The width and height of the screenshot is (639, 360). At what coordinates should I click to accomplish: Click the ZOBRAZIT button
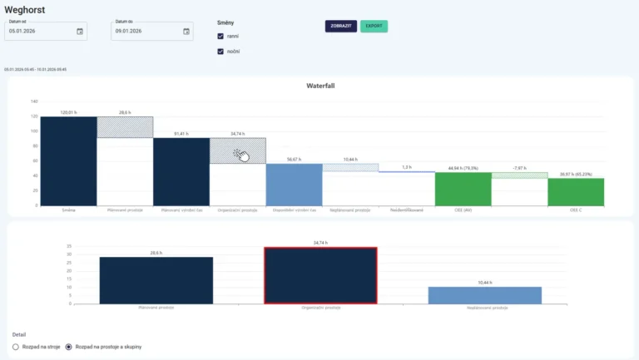pos(340,26)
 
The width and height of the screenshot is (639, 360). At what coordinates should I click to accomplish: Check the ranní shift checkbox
pos(220,37)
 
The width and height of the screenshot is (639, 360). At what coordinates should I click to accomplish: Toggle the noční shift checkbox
pos(220,52)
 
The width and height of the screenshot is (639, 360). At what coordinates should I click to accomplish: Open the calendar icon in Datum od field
pos(80,32)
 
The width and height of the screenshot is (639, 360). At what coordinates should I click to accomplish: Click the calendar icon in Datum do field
pos(187,32)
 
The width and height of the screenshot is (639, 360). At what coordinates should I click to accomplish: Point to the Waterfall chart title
pos(320,86)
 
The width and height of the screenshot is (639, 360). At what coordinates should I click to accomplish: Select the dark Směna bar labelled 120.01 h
pos(69,160)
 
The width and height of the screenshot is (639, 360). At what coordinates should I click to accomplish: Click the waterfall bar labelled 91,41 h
pos(181,171)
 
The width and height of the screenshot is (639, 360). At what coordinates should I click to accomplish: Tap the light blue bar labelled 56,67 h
pos(294,185)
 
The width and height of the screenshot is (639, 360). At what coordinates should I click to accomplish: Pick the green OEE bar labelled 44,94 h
pos(463,189)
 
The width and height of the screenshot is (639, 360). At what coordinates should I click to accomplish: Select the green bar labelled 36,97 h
pos(575,191)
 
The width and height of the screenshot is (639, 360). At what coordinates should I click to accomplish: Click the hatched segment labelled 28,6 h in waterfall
pos(125,127)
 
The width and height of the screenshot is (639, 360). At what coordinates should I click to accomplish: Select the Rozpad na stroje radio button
pos(16,346)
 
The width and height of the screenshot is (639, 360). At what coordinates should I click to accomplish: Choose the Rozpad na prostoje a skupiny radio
pos(69,346)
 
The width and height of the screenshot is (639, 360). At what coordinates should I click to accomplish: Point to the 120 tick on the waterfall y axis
pos(34,101)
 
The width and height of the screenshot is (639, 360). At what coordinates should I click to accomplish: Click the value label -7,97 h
pos(518,168)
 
